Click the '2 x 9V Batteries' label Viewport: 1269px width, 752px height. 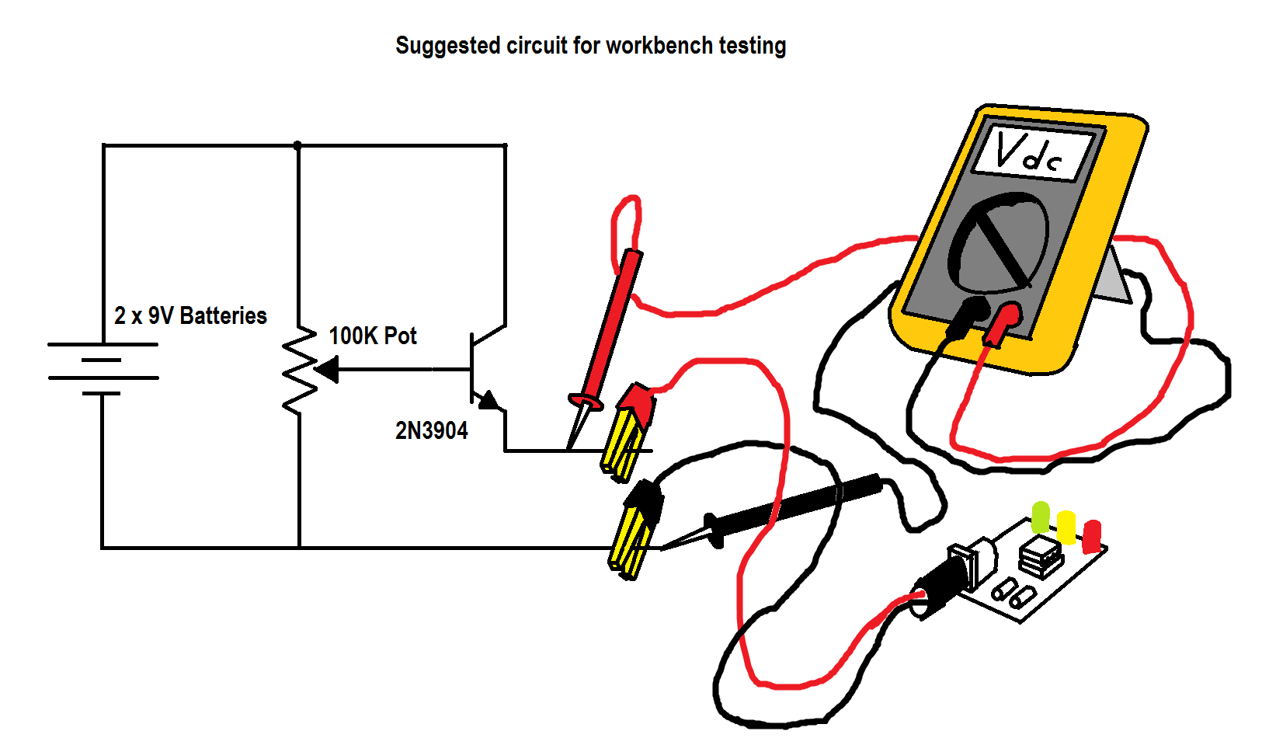pyautogui.click(x=190, y=315)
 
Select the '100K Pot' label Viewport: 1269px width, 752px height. pyautogui.click(x=373, y=336)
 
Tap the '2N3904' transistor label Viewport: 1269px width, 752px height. pyautogui.click(x=432, y=430)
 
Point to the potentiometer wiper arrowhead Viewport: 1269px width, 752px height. pyautogui.click(x=327, y=370)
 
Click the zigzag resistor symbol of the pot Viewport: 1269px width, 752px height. pyautogui.click(x=299, y=370)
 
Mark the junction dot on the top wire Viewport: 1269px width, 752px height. pyautogui.click(x=297, y=145)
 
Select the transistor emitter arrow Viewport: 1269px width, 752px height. pyautogui.click(x=488, y=400)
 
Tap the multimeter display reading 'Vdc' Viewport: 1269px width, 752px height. pyautogui.click(x=1030, y=152)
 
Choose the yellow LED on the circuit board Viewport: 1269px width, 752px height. pyautogui.click(x=1066, y=526)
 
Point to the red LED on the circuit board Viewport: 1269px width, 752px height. pyautogui.click(x=1092, y=534)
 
